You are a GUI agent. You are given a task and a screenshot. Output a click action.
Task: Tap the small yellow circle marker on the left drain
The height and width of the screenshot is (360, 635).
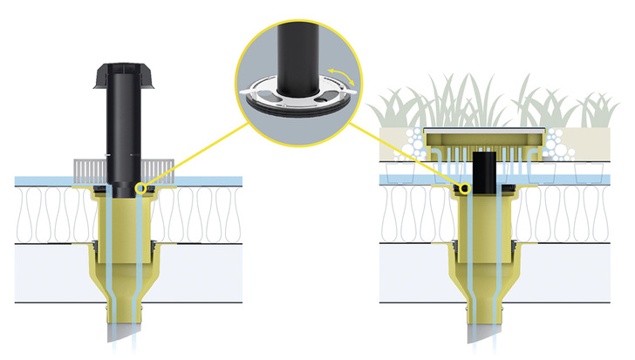pos(141,188)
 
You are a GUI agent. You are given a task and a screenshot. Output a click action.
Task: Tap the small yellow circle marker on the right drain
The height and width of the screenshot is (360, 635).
pos(466,188)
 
